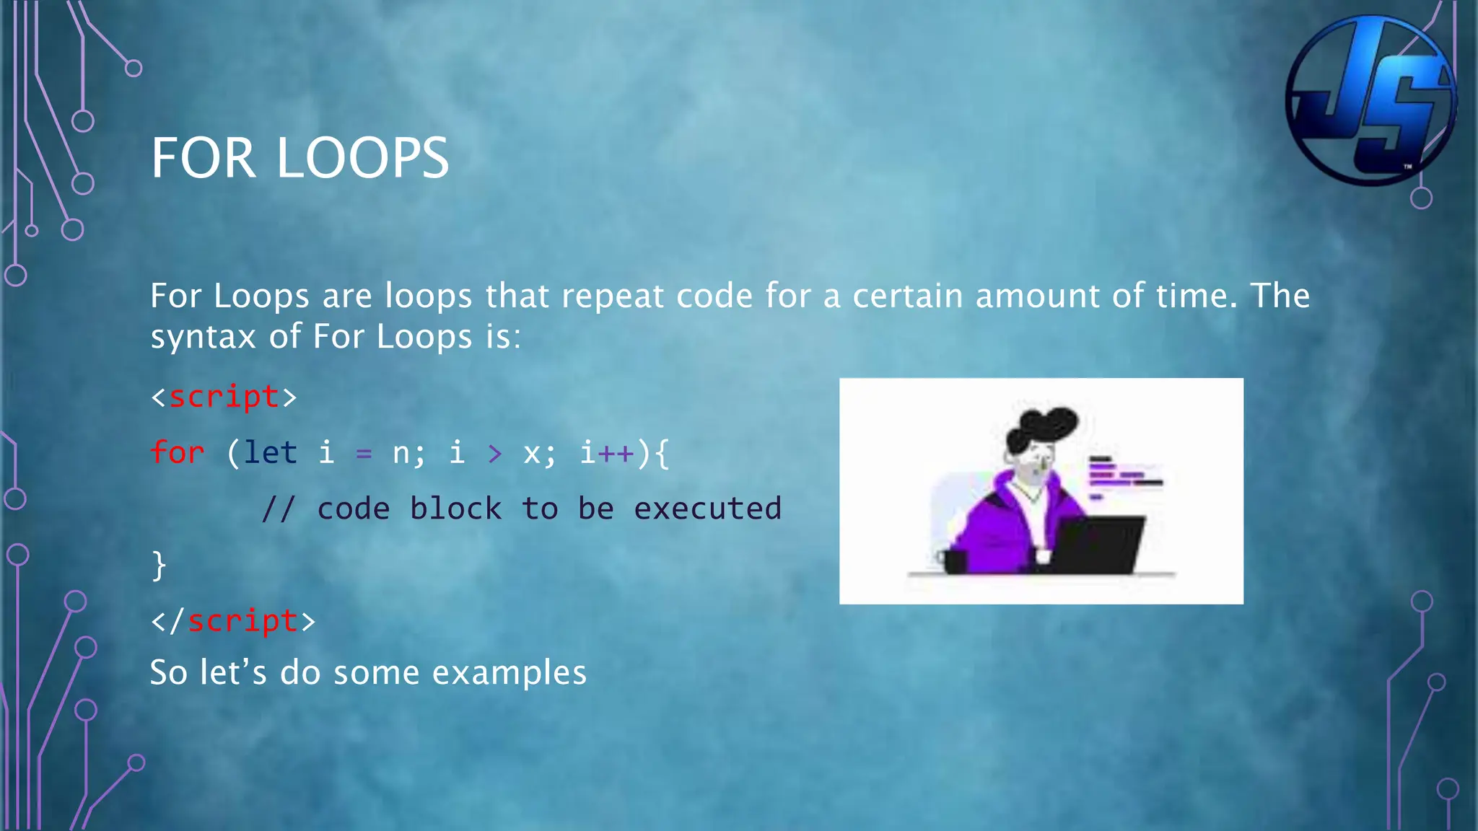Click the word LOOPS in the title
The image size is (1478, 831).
point(363,159)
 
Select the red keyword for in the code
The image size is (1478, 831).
point(178,453)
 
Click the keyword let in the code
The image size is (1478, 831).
point(271,453)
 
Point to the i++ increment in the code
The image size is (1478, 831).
point(607,453)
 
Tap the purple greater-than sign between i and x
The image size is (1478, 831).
point(494,454)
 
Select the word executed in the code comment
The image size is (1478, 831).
point(707,509)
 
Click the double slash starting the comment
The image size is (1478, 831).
point(278,509)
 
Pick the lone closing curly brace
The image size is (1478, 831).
point(159,565)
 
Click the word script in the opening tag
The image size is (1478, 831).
point(224,397)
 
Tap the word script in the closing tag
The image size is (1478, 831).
point(242,621)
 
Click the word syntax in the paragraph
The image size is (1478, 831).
point(203,338)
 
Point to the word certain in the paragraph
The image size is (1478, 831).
point(907,296)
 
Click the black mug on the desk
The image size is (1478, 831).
point(954,561)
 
